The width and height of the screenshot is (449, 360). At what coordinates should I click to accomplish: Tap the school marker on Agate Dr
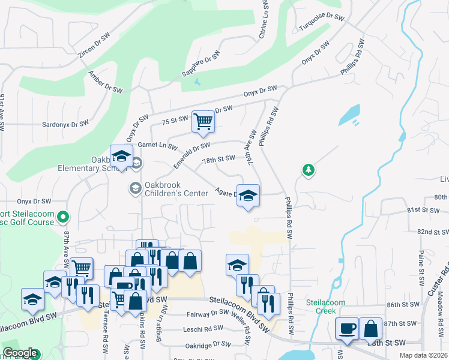[x=248, y=196]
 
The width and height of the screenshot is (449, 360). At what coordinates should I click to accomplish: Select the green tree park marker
[x=308, y=170]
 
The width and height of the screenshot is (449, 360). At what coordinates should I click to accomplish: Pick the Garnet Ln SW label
[x=157, y=146]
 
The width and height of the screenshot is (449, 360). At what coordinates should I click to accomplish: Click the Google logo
[x=20, y=353]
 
